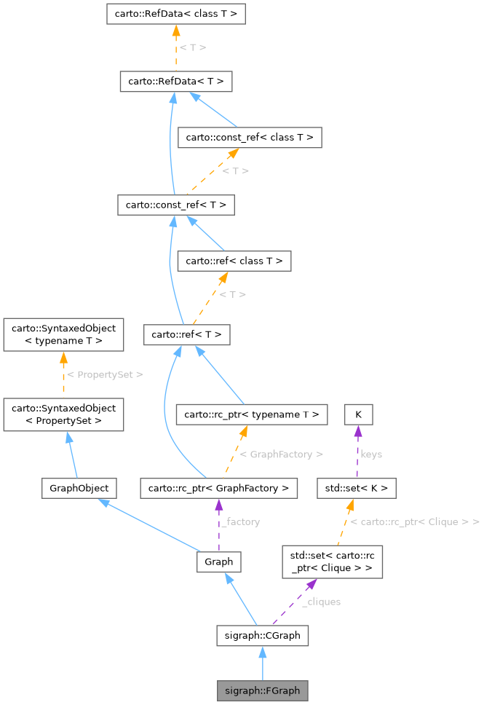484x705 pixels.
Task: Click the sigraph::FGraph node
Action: (x=262, y=690)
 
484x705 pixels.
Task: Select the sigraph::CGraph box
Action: (x=262, y=635)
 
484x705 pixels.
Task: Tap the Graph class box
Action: (x=218, y=562)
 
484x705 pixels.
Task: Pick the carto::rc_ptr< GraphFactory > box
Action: (x=218, y=488)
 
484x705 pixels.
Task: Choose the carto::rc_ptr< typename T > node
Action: (x=251, y=414)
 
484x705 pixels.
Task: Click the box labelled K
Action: (x=358, y=414)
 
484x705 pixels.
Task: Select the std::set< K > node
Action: (x=356, y=488)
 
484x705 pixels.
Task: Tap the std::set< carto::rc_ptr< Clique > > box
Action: (x=332, y=562)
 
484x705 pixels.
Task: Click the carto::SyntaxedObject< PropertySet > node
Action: (x=63, y=414)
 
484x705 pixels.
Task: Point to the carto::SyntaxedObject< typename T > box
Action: (x=63, y=334)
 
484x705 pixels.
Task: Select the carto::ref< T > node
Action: (x=187, y=334)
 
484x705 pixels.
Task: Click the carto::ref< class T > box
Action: (x=234, y=261)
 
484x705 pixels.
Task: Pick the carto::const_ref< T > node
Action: (x=175, y=205)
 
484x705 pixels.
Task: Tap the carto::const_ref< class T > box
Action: (x=250, y=137)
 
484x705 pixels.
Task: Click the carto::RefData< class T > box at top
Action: (x=175, y=13)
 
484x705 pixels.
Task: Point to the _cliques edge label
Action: (x=321, y=602)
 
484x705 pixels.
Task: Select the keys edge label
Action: (x=371, y=454)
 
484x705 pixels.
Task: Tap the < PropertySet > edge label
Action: (x=105, y=374)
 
